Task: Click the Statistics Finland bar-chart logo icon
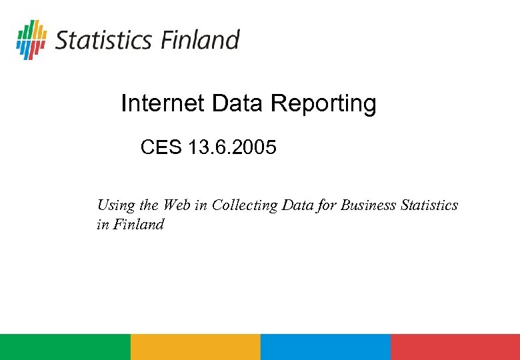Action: pyautogui.click(x=31, y=39)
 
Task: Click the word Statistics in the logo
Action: pyautogui.click(x=104, y=40)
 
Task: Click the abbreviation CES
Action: pyautogui.click(x=161, y=147)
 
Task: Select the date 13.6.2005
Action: pyautogui.click(x=232, y=147)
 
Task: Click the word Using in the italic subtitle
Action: pyautogui.click(x=115, y=205)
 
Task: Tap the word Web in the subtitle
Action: pyautogui.click(x=177, y=205)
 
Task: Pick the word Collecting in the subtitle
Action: pyautogui.click(x=245, y=205)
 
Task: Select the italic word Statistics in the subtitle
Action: pyautogui.click(x=429, y=205)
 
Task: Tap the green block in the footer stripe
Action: pyautogui.click(x=65, y=347)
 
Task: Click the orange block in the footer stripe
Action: pyautogui.click(x=195, y=347)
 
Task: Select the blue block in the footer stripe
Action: pyautogui.click(x=325, y=347)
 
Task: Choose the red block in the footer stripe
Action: pyautogui.click(x=455, y=347)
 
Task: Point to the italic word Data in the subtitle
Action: pyautogui.click(x=298, y=205)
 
